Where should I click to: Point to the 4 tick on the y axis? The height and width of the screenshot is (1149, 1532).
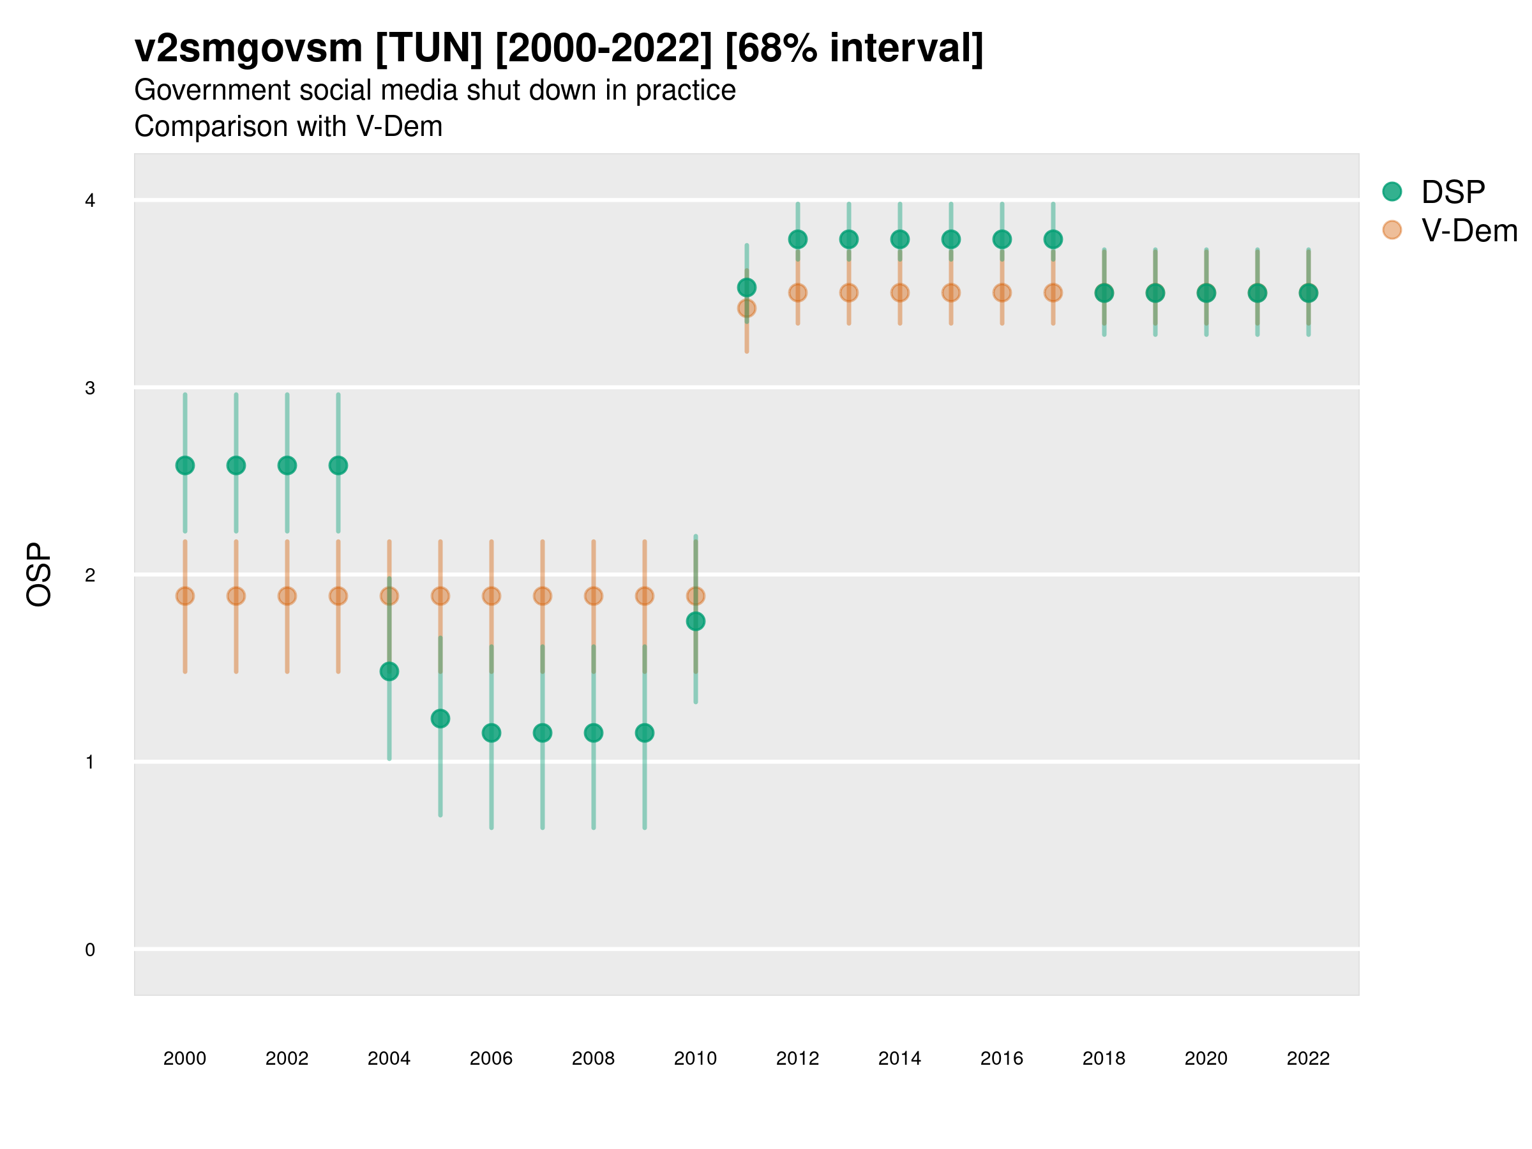(x=90, y=201)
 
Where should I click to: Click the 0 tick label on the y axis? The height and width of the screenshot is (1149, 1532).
(x=90, y=950)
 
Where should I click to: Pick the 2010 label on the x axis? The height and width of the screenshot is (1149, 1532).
(x=695, y=1058)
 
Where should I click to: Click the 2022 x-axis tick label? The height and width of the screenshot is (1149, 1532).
(x=1307, y=1058)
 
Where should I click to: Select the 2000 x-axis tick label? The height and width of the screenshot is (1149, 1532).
(x=185, y=1058)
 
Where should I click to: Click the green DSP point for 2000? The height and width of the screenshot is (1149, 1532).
(x=185, y=465)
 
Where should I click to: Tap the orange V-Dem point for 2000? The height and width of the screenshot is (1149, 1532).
(x=185, y=596)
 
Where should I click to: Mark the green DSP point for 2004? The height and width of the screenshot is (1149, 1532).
(x=389, y=671)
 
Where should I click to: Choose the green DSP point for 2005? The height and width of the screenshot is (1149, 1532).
(x=440, y=719)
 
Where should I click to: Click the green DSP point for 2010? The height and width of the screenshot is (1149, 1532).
(x=695, y=621)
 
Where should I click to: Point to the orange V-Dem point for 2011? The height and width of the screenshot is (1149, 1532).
(x=747, y=308)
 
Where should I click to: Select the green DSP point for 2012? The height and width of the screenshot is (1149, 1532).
(x=798, y=239)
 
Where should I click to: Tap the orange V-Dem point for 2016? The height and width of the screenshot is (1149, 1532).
(x=1002, y=293)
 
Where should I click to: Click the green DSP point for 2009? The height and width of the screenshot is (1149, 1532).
(x=645, y=733)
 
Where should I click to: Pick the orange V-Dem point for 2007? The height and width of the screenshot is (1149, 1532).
(x=543, y=596)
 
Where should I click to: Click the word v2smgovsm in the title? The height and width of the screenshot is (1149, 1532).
(x=248, y=49)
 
